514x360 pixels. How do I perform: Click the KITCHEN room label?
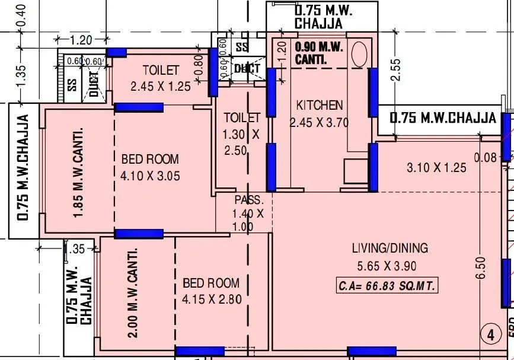click(320, 106)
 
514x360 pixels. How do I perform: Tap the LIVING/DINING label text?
click(390, 249)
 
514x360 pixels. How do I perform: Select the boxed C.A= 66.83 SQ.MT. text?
click(387, 286)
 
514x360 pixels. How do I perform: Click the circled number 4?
click(490, 335)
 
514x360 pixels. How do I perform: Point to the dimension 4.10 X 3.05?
click(150, 176)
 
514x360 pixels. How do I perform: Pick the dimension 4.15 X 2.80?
click(212, 300)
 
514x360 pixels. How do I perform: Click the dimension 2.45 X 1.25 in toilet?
click(161, 87)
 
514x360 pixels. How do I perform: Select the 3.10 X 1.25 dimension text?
click(436, 168)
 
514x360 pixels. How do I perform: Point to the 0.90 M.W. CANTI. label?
click(319, 53)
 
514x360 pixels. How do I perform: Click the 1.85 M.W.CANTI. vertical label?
click(78, 172)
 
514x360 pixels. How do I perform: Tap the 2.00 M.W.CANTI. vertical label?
click(133, 293)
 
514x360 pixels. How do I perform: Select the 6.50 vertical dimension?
click(481, 267)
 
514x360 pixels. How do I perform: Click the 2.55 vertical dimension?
click(397, 69)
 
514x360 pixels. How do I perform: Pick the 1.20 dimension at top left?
click(81, 40)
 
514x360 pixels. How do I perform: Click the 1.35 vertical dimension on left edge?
click(22, 75)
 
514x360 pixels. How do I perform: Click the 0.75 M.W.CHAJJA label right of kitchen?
click(442, 117)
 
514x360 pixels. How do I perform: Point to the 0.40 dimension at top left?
click(22, 15)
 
